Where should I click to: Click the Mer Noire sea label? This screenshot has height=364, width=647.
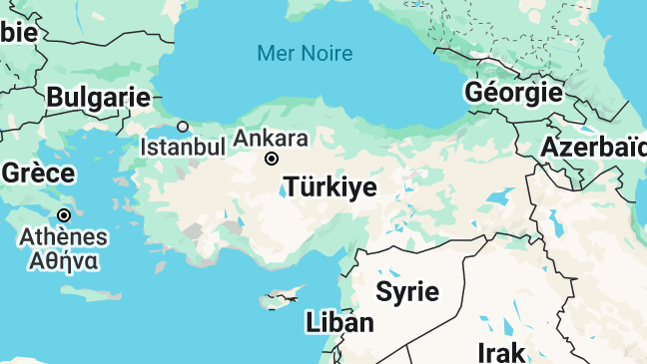point(305,53)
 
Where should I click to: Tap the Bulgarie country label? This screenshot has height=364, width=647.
point(98,98)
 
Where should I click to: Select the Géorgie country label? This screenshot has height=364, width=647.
point(513,93)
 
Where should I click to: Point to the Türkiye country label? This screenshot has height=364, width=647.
point(330,187)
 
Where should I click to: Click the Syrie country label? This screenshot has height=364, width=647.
point(406,292)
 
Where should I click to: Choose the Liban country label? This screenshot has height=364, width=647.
point(339,322)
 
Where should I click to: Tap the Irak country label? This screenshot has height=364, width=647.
point(500,352)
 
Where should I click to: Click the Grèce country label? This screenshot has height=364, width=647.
point(38,173)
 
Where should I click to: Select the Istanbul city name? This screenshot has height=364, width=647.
point(183,147)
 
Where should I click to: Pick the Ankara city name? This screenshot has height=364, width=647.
point(271,138)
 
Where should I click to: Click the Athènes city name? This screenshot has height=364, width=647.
point(64,237)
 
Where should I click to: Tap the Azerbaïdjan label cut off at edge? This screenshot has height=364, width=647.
point(593,147)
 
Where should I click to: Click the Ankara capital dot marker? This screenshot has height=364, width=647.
point(271,159)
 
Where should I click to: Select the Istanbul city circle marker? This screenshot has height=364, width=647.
point(183,127)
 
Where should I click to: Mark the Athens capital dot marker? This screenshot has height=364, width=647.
point(64,215)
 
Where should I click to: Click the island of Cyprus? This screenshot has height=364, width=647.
point(279,297)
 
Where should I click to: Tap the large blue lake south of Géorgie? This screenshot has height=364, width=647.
point(499,195)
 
